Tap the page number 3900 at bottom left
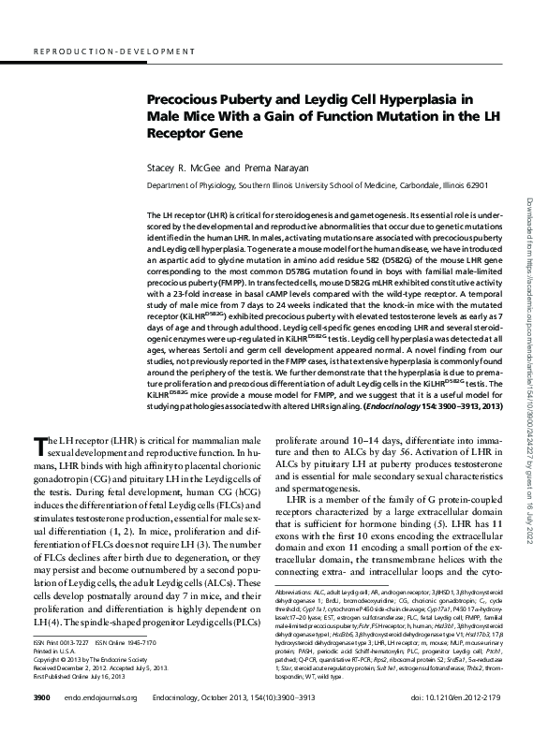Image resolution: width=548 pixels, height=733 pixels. click(41, 698)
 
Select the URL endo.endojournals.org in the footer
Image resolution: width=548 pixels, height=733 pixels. click(100, 698)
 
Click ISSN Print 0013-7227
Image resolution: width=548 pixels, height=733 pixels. click(65, 643)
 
